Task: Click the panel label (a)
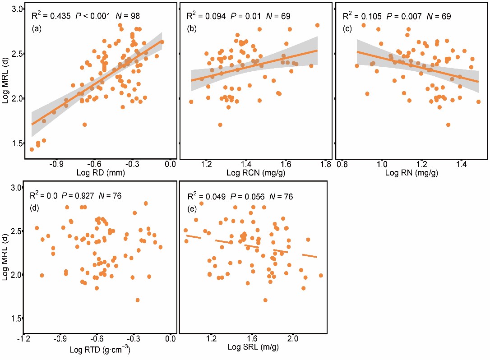click(x=36, y=29)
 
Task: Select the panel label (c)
click(x=347, y=29)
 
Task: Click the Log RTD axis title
click(x=102, y=350)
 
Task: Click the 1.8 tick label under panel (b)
click(x=325, y=164)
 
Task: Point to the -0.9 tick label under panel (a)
click(x=56, y=164)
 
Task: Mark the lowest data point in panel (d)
click(x=138, y=300)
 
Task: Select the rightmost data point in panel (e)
click(x=321, y=275)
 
